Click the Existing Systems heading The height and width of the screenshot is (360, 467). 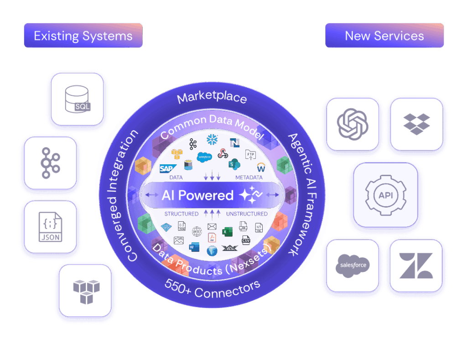[x=83, y=36]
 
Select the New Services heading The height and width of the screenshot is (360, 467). [x=384, y=36]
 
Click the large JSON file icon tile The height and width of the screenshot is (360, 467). [x=50, y=226]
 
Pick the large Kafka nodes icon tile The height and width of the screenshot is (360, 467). [x=50, y=163]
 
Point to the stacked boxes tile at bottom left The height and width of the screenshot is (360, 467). [x=85, y=291]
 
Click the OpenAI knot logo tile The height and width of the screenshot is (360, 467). [x=352, y=124]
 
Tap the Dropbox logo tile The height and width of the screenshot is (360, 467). [x=416, y=124]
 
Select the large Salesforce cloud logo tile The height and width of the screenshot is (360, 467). [x=352, y=266]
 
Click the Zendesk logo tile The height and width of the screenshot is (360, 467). [x=416, y=266]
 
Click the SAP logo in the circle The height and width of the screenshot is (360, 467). [x=166, y=168]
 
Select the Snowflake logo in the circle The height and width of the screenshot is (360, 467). [x=212, y=139]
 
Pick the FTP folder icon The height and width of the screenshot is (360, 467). [x=250, y=154]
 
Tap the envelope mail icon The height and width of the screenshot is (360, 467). [x=212, y=227]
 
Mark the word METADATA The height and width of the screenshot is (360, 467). [x=249, y=177]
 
